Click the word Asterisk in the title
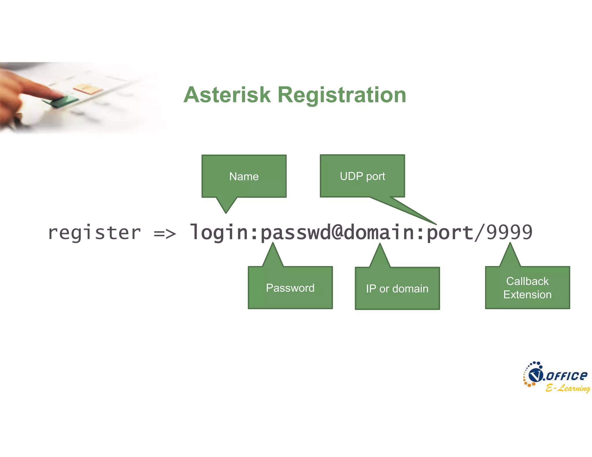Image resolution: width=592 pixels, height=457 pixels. coord(227,95)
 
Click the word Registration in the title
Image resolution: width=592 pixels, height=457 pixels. coord(342,95)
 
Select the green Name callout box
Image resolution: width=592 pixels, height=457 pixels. coord(244,176)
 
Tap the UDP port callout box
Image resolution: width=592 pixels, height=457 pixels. coord(362,176)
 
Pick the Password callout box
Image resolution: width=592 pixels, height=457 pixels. coord(290,288)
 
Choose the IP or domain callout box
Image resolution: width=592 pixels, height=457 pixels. coord(397,288)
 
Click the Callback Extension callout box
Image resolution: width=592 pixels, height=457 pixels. coord(527,288)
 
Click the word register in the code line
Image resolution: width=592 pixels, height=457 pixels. coord(94,233)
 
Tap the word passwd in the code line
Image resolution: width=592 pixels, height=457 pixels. coord(295,233)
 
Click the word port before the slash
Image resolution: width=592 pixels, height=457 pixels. coord(450,233)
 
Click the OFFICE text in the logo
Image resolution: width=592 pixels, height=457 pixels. coord(567,376)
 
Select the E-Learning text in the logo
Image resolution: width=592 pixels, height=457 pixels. coord(567,388)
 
